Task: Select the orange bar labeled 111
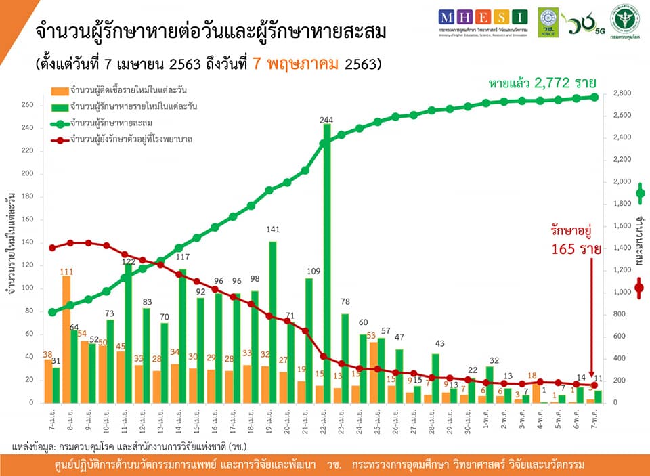66,339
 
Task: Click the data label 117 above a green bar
183,257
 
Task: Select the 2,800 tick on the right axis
622,93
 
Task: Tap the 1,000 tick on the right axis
622,293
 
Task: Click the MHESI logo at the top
481,17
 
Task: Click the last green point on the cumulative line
594,97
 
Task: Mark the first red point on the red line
52,248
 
